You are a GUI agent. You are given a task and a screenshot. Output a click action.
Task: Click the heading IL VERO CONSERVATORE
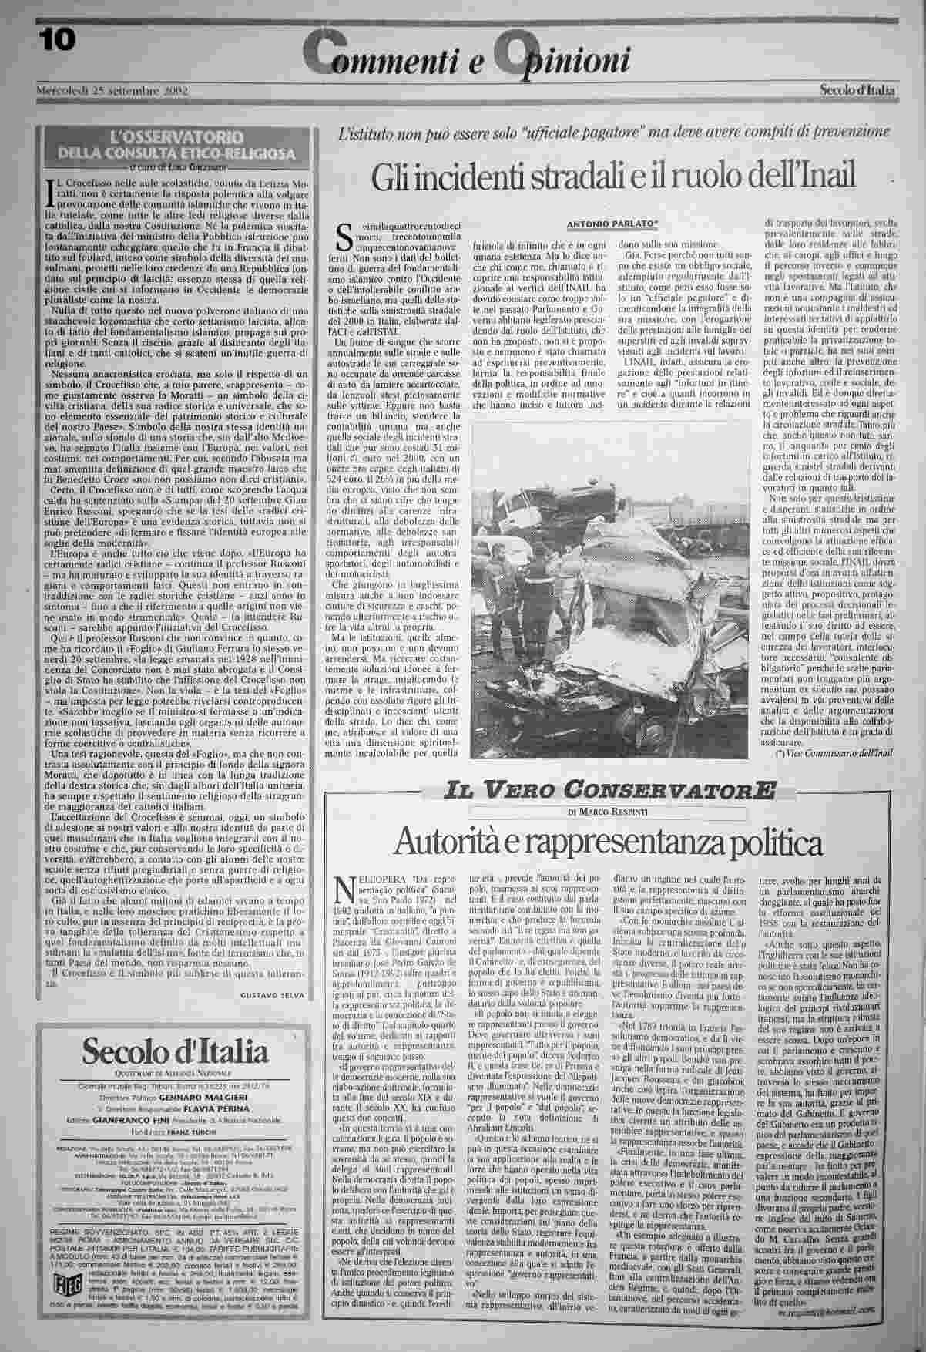point(609,789)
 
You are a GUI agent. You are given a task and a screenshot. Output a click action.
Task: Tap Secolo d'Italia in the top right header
point(857,90)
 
